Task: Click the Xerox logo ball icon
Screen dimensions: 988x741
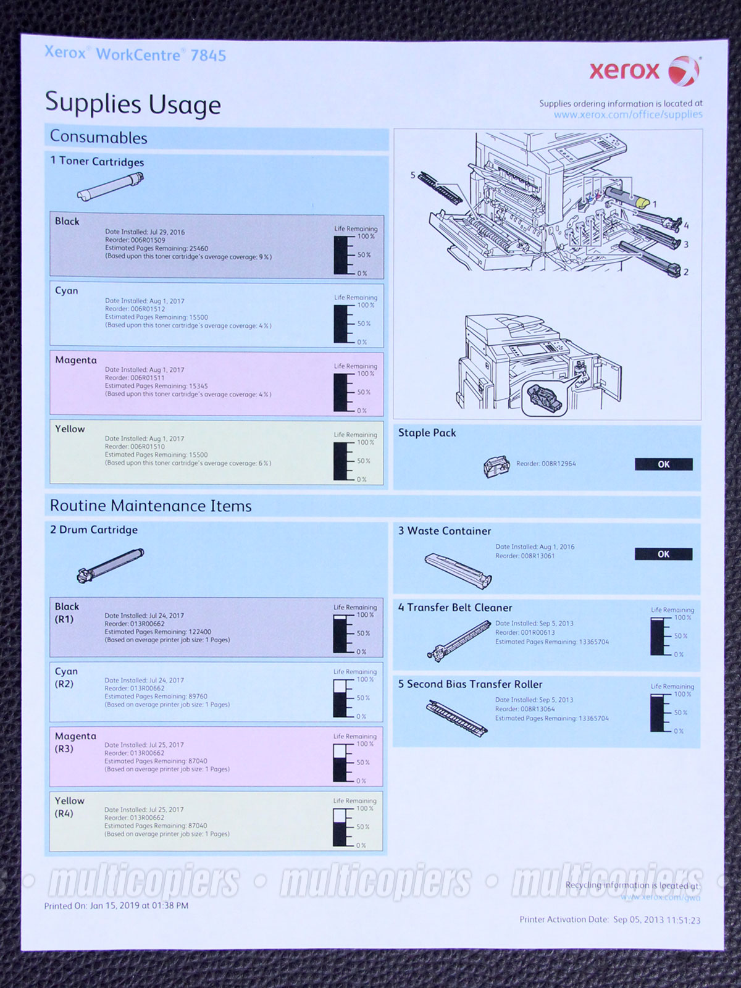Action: tap(684, 70)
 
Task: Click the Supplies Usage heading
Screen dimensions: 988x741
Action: tap(133, 104)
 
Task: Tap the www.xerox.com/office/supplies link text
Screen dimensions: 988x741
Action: tap(627, 115)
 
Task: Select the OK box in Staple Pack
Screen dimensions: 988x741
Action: tap(663, 464)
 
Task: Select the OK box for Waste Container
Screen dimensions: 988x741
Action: tap(663, 554)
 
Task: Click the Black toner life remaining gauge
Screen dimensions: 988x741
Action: tap(343, 254)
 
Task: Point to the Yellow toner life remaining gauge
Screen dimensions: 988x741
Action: tap(343, 461)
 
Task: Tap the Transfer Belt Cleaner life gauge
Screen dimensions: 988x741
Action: tap(659, 636)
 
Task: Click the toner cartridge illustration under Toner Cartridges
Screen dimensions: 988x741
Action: tap(111, 187)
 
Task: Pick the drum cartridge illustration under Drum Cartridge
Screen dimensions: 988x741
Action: tap(110, 565)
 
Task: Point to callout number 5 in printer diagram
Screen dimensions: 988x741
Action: tap(413, 175)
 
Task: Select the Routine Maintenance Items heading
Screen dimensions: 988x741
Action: tap(151, 506)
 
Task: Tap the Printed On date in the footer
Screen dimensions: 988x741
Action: tap(116, 906)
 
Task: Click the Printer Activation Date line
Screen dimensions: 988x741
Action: tap(609, 920)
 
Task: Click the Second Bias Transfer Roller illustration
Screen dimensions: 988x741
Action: tap(457, 716)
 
